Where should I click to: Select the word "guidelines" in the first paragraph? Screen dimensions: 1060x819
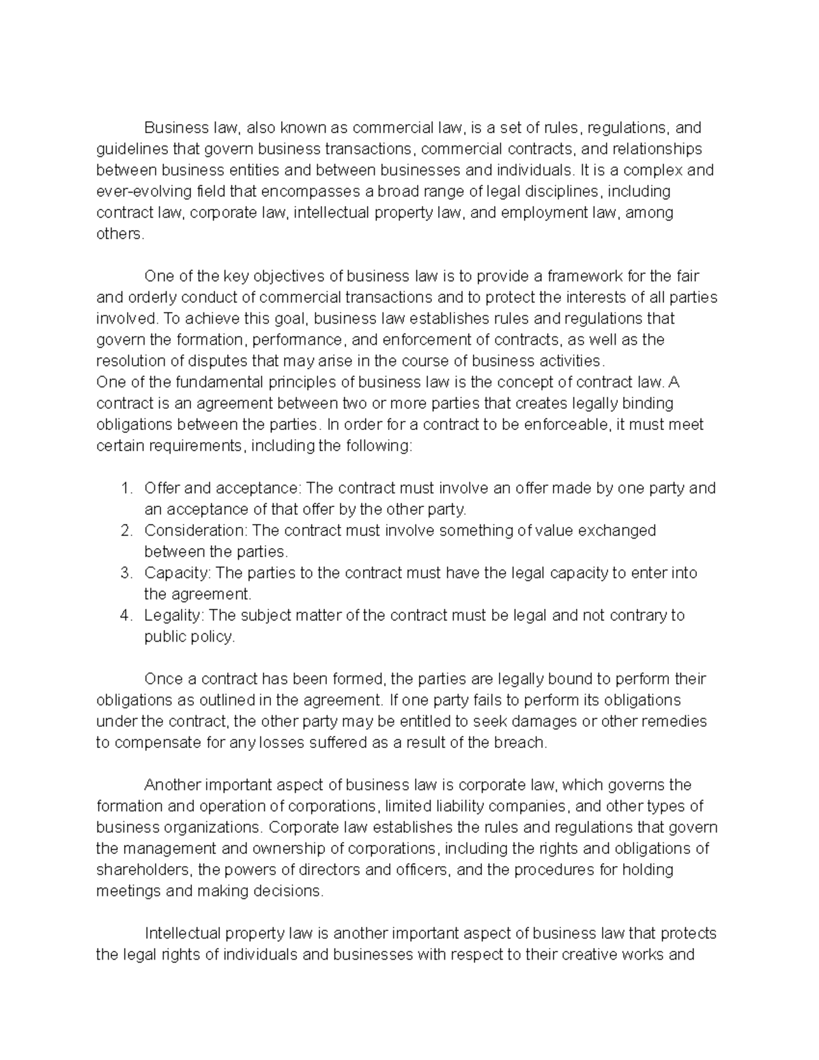128,149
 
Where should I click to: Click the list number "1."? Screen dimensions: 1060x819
126,488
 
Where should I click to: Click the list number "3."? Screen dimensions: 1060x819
126,573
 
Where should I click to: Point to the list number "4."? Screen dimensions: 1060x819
126,615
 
